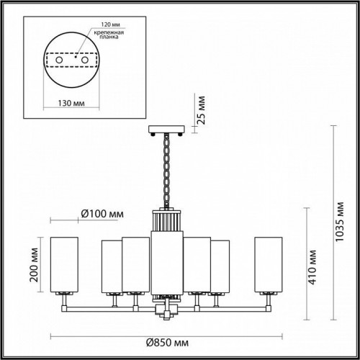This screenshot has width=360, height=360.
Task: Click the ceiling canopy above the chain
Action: pyautogui.click(x=166, y=130)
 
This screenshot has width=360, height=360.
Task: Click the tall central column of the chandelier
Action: pyautogui.click(x=167, y=256)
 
